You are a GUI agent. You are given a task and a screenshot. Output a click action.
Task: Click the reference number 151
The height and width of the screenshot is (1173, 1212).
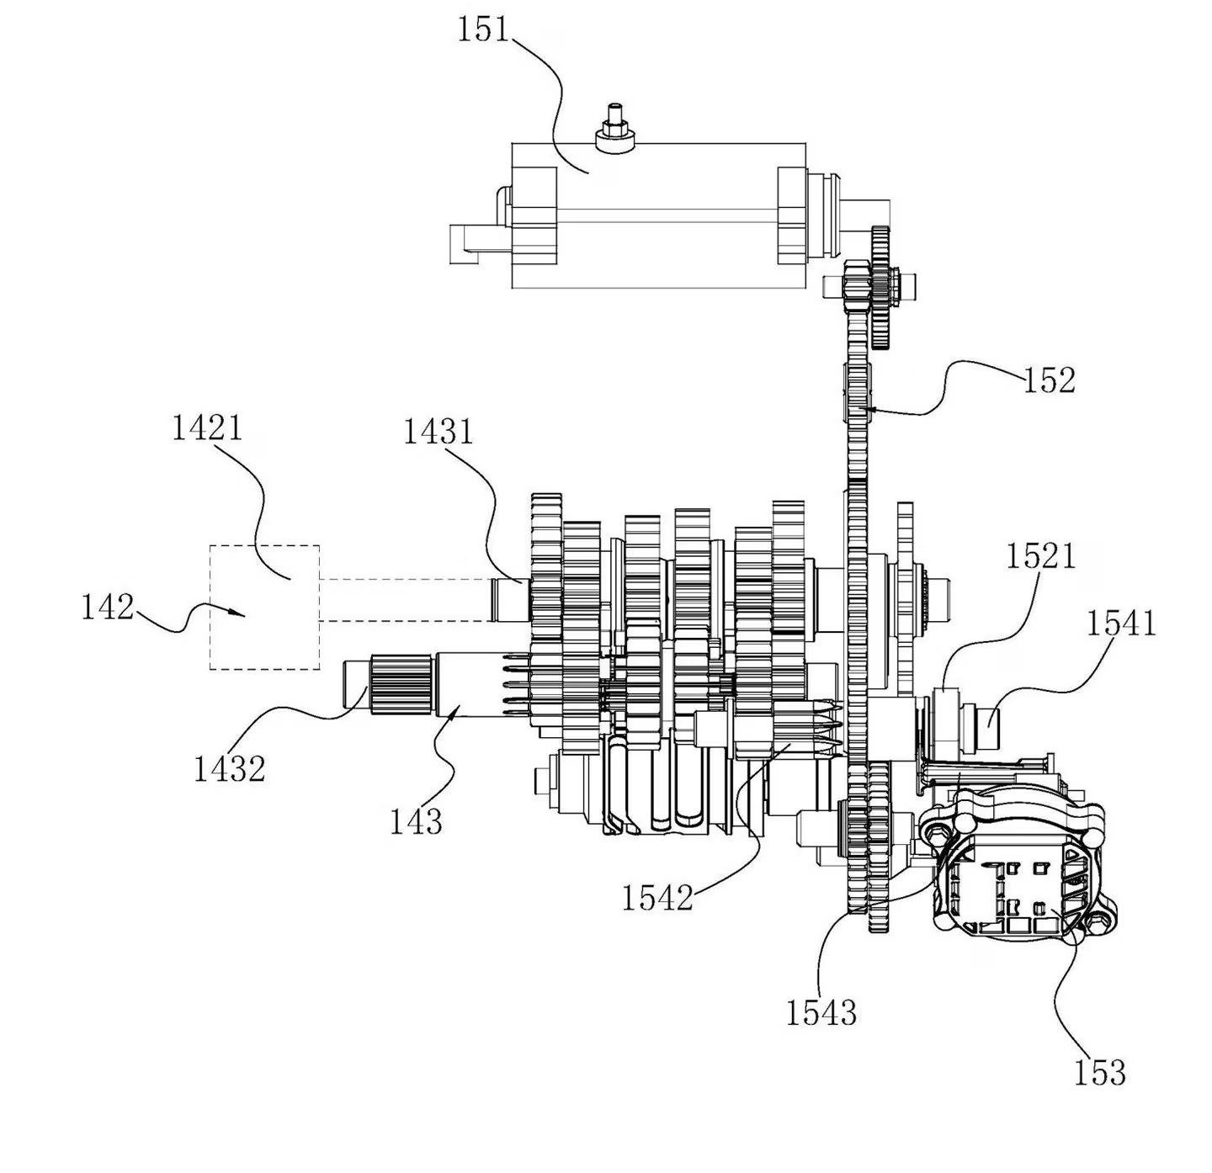point(483,30)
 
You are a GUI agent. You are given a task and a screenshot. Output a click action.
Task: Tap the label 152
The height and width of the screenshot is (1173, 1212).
point(1049,381)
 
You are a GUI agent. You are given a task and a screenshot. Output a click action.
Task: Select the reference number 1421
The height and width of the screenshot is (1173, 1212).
point(207,428)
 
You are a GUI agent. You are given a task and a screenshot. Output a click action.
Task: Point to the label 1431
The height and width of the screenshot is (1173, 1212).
point(438,433)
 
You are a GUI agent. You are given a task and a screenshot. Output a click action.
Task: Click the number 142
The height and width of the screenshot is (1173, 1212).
point(107,607)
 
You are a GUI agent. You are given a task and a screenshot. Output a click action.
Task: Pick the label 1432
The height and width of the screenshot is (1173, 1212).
point(229,768)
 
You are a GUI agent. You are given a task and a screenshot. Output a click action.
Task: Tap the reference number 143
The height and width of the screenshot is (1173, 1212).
point(416,820)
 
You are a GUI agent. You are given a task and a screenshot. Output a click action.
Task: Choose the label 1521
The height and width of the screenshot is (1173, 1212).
point(1040,556)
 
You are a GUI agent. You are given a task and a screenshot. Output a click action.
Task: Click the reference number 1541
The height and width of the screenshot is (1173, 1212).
point(1121,624)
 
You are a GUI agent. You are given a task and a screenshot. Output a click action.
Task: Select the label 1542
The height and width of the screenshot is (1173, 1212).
point(657,899)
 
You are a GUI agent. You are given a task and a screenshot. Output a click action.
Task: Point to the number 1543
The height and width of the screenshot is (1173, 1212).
point(821,1012)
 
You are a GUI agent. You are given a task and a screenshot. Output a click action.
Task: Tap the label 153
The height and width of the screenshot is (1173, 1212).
point(1099,1073)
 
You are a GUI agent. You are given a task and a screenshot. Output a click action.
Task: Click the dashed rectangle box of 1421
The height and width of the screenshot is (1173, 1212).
point(264,607)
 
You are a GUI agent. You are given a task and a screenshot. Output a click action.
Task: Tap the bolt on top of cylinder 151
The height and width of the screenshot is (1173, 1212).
point(614,135)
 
